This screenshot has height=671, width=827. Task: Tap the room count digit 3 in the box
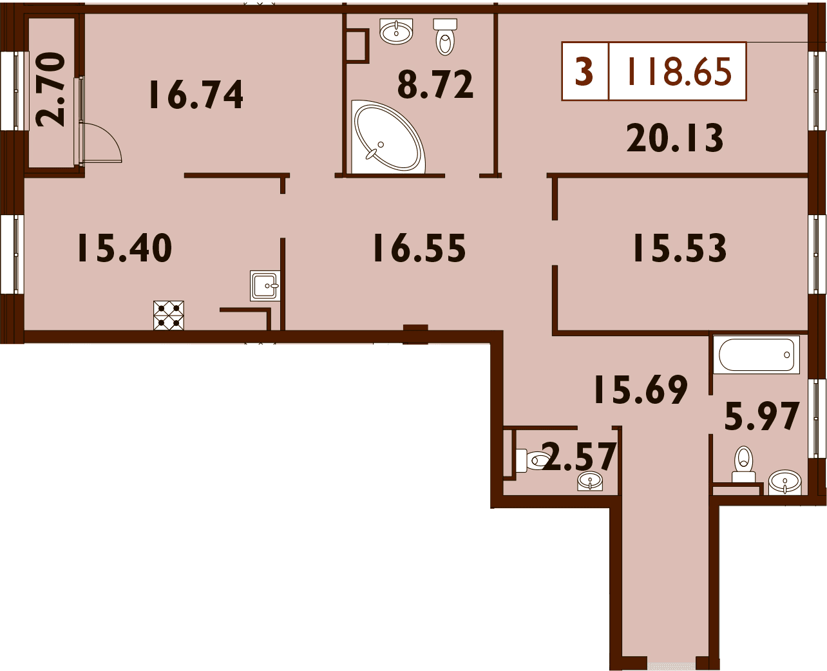coord(585,71)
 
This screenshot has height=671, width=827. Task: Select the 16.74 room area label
coord(196,94)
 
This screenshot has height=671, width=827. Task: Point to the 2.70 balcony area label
coord(51,90)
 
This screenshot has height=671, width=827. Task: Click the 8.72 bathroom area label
coord(435,84)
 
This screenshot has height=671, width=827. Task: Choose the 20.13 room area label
coord(675,137)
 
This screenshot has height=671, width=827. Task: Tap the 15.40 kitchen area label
coord(125,248)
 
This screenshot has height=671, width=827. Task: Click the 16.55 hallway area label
coord(419,248)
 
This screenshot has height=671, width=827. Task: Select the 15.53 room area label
coord(680,248)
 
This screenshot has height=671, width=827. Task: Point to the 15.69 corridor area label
coord(641,389)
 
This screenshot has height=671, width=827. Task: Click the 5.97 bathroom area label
coord(762,417)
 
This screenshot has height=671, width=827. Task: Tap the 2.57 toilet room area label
coord(578,456)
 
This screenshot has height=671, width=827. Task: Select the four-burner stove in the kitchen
coord(169,316)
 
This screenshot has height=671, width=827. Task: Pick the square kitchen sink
coord(265,286)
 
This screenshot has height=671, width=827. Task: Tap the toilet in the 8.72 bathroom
coord(445,37)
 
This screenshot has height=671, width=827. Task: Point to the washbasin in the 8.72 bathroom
coord(396,32)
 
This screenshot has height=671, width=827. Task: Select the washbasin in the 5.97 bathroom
coord(785,483)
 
